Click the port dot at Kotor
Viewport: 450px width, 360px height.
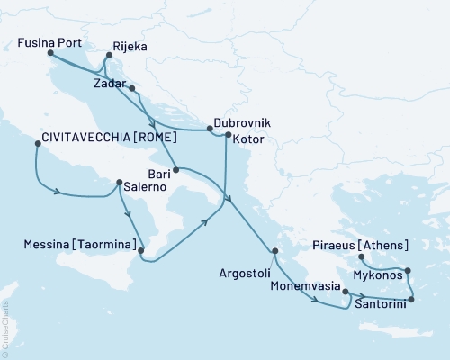tap(226, 137)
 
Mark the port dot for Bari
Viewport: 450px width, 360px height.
tap(176, 169)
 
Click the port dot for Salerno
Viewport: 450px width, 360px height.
tap(119, 183)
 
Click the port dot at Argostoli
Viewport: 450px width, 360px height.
tap(275, 251)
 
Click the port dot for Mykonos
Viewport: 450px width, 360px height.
tap(408, 270)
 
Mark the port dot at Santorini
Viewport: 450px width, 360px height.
tap(411, 300)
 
